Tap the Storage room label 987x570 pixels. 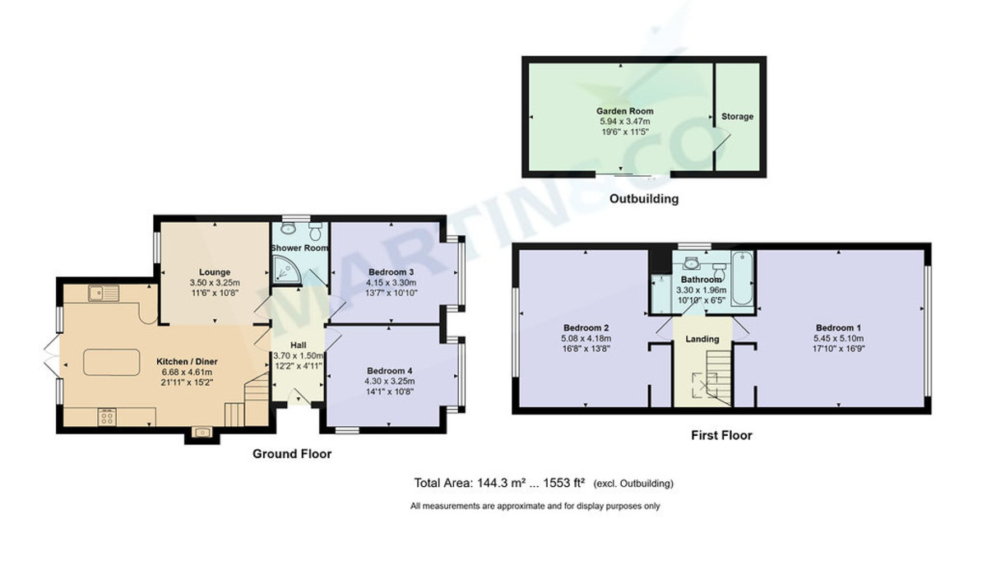(737, 117)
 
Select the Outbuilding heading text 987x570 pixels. (643, 199)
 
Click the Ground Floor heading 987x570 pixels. (291, 454)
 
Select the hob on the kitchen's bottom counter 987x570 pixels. (108, 417)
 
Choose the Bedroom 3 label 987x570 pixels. (391, 272)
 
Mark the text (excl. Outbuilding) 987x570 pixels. (633, 483)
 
